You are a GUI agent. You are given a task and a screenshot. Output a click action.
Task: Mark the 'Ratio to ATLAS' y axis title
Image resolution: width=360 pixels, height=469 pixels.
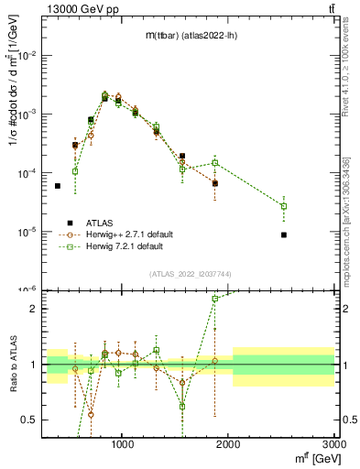click(x=12, y=364)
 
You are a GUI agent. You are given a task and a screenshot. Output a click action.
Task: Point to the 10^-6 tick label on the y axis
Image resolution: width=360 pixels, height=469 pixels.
click(x=29, y=289)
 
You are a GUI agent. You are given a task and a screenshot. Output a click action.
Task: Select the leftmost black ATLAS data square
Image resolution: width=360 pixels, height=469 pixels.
click(x=58, y=186)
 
